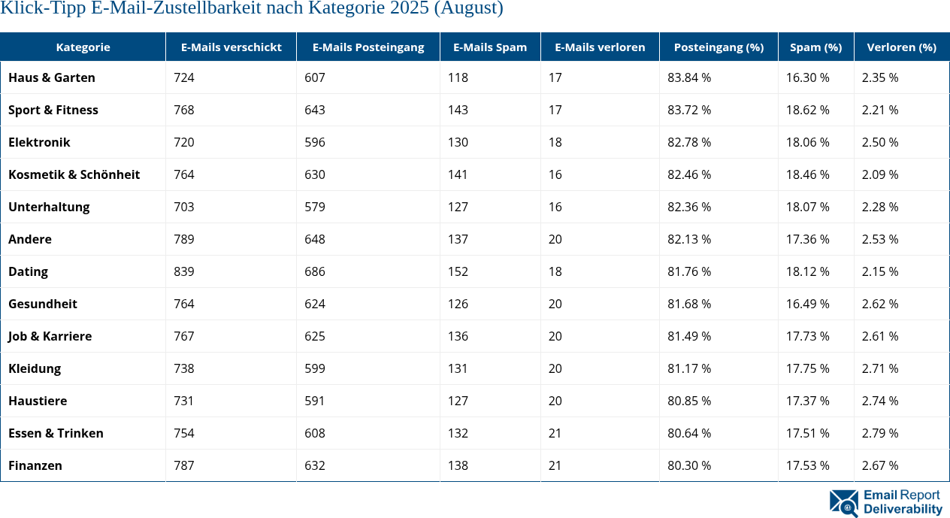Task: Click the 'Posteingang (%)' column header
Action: click(719, 47)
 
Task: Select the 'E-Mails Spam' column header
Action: click(490, 47)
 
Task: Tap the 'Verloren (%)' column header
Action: click(901, 47)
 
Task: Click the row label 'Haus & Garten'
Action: click(52, 77)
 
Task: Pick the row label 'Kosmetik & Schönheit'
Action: click(74, 174)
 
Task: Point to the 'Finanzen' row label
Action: click(35, 465)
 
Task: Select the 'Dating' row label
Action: click(29, 271)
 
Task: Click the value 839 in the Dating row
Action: click(184, 271)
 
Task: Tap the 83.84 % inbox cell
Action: click(689, 77)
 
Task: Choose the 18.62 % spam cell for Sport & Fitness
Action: click(808, 110)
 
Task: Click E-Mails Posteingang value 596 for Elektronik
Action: click(315, 142)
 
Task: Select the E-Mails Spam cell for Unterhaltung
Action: click(458, 207)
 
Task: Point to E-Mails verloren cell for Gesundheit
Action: click(555, 304)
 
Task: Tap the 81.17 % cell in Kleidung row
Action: click(689, 368)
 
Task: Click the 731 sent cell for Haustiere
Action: click(184, 401)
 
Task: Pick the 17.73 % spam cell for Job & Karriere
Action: click(808, 336)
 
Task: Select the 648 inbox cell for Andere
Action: click(315, 239)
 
